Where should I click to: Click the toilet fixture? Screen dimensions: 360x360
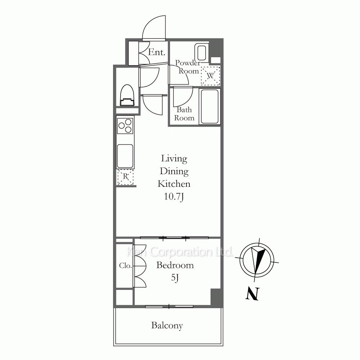tap(127, 95)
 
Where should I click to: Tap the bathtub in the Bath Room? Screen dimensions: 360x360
tap(210, 107)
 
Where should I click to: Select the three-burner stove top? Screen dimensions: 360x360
tap(125, 125)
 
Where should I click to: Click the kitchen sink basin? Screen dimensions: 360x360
tap(125, 156)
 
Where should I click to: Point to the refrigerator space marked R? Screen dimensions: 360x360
tap(125, 177)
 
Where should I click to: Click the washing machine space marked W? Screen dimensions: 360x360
tap(211, 76)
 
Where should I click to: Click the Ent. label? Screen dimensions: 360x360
tap(157, 52)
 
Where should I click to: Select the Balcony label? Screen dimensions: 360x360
tap(167, 325)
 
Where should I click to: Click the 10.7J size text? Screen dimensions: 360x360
tap(174, 197)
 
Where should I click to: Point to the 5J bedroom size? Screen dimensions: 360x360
tap(175, 278)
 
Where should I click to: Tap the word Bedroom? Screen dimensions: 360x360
tap(175, 265)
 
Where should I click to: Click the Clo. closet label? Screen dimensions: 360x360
tap(125, 266)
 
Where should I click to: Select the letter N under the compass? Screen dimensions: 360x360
tap(253, 294)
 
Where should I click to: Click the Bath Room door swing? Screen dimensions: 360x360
tap(183, 96)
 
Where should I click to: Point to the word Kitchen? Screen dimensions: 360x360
tap(174, 184)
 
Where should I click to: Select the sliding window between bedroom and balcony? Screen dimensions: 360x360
tap(169, 306)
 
